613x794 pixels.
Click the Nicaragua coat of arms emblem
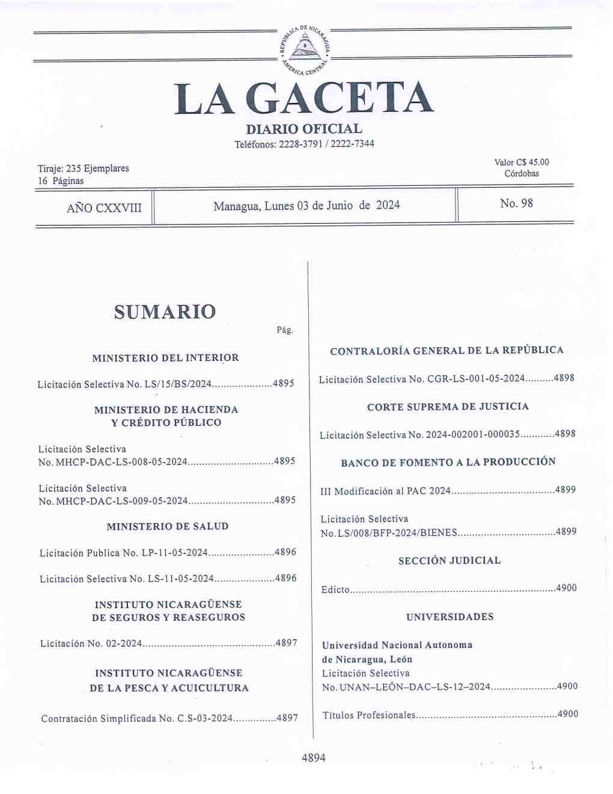[305, 48]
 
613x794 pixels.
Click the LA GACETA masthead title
[303, 99]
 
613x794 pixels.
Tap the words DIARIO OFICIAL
[304, 129]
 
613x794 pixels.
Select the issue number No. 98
[516, 203]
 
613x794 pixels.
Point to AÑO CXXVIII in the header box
[104, 208]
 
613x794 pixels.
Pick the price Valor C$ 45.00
[521, 162]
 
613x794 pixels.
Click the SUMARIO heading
[164, 312]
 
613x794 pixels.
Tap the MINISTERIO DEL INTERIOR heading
[165, 358]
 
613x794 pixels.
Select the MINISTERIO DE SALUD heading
[167, 526]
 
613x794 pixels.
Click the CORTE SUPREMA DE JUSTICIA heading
[448, 407]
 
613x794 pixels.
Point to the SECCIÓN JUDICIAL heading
[449, 561]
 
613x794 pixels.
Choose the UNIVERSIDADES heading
[450, 617]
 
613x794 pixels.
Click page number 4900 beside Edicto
[566, 588]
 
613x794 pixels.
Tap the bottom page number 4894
[313, 758]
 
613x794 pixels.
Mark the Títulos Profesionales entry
[369, 715]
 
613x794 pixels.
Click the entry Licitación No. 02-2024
[91, 644]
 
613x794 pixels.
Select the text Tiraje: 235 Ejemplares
[83, 168]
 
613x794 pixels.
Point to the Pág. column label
[285, 330]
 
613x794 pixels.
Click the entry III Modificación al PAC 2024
[386, 491]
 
